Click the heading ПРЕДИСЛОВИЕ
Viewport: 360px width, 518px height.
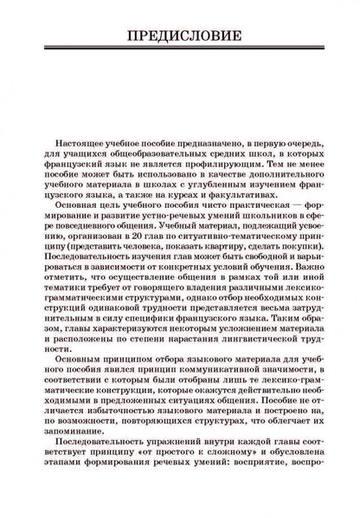tap(180, 36)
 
